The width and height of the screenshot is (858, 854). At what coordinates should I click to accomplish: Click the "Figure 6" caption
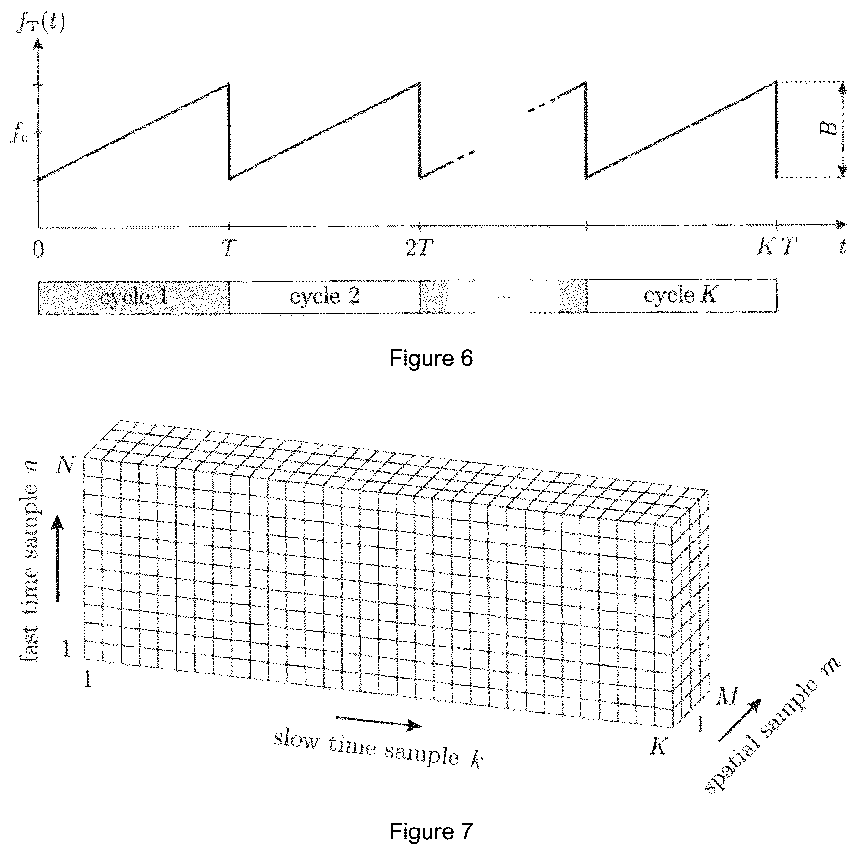pyautogui.click(x=431, y=359)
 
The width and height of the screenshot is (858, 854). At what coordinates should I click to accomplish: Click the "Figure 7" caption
pyautogui.click(x=431, y=831)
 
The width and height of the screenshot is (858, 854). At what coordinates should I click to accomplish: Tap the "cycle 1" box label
pyautogui.click(x=134, y=297)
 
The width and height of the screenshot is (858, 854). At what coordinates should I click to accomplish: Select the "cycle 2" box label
pyautogui.click(x=325, y=296)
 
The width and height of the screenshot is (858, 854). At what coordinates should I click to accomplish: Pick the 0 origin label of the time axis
pyautogui.click(x=38, y=248)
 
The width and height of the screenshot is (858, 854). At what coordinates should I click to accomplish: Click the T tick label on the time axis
pyautogui.click(x=228, y=248)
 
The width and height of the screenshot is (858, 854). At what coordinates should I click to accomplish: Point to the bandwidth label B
pyautogui.click(x=830, y=129)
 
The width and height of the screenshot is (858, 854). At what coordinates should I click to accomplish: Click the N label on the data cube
pyautogui.click(x=65, y=464)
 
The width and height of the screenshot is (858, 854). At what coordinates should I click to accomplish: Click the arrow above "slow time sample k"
pyautogui.click(x=379, y=722)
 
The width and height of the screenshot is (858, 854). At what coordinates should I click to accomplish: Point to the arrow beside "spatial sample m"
pyautogui.click(x=740, y=719)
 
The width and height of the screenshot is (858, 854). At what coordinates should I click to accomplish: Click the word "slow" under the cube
pyautogui.click(x=296, y=739)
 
